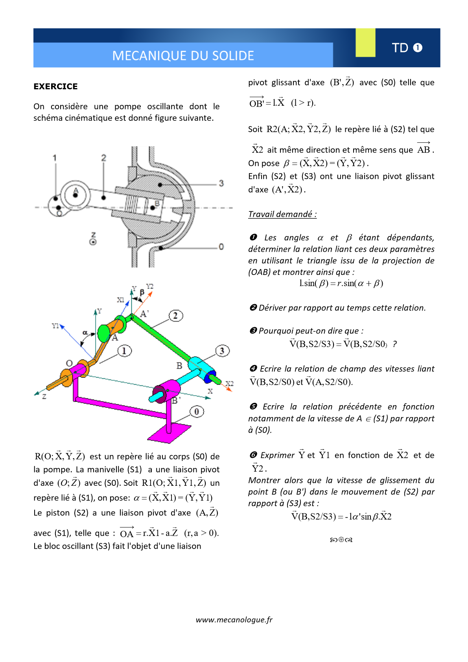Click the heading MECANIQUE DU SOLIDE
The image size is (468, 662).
pos(183,56)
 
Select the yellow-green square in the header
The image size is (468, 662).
pos(365,42)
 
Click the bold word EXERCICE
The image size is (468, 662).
pos(55,87)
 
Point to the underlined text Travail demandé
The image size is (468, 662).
pos(282,214)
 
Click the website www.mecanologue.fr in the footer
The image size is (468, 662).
pos(234,620)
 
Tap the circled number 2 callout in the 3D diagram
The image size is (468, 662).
pos(176,315)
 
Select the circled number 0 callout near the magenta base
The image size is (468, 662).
pos(197,411)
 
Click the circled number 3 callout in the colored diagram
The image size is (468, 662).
pos(222,351)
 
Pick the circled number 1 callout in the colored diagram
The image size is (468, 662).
pos(124,351)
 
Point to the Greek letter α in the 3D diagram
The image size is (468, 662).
pos(85,333)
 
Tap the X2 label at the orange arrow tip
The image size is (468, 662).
pos(229,384)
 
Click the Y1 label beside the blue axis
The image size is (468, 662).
pos(55,326)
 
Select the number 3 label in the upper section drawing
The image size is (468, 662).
pos(221,183)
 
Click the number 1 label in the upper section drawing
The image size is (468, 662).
pos(55,158)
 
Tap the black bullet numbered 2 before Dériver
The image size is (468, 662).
pos(253,308)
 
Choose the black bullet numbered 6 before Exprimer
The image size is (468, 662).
pos(253,455)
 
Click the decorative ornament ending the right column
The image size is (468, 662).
pos(341,540)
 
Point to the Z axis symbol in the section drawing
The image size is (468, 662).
pos(93,239)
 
